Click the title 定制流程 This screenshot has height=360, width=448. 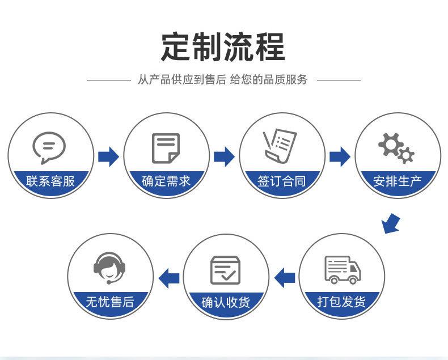coord(223,47)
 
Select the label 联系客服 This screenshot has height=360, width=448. coord(50,181)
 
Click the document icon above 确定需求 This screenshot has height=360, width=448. coord(166,148)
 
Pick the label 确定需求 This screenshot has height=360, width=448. coord(166,181)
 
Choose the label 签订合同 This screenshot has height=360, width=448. coord(282,181)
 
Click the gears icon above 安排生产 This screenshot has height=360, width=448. coord(396,147)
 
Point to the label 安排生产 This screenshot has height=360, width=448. coord(398,181)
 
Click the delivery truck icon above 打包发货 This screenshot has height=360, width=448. coord(342,269)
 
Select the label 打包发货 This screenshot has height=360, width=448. coord(341,302)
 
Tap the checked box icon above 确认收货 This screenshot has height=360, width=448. coord(225,270)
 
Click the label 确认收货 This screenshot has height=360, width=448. coord(226,302)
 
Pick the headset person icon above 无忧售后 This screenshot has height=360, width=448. coord(109,268)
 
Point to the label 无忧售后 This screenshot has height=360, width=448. coord(110,302)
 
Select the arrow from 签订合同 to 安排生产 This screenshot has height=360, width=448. coord(340,156)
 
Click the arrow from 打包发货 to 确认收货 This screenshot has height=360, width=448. coord(284,278)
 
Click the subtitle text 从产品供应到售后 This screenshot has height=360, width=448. coord(182,80)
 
